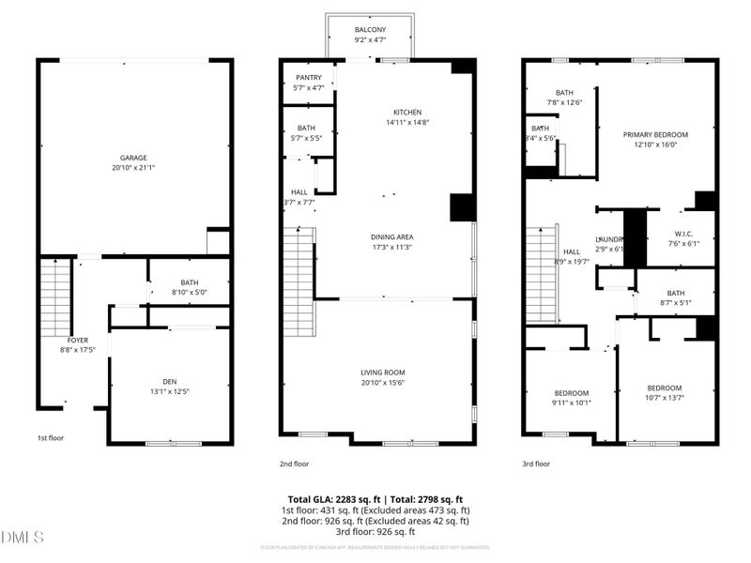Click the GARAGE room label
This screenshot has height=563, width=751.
[x=133, y=158]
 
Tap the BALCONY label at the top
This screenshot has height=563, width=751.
[x=370, y=30]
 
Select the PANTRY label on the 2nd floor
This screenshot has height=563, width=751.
[x=309, y=78]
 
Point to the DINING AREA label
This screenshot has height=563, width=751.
[x=392, y=236]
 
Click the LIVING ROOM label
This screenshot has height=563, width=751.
[x=382, y=373]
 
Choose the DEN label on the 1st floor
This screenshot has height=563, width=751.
[x=169, y=381]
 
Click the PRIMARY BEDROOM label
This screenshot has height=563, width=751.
[x=655, y=135]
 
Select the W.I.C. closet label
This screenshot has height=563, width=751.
[x=683, y=234]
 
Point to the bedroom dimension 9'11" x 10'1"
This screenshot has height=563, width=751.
[x=571, y=403]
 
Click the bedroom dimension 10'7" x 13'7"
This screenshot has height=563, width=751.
[x=664, y=399]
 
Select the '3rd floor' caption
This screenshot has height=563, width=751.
[x=535, y=464]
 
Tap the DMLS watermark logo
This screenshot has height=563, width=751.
[x=23, y=538]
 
